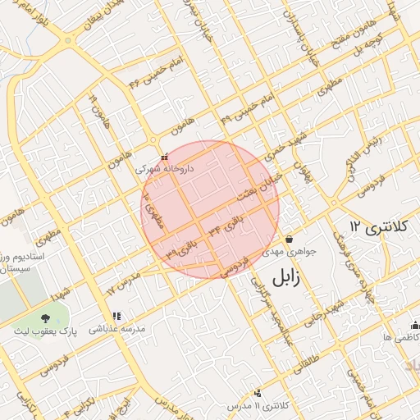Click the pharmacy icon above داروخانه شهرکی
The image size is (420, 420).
click(x=164, y=157)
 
